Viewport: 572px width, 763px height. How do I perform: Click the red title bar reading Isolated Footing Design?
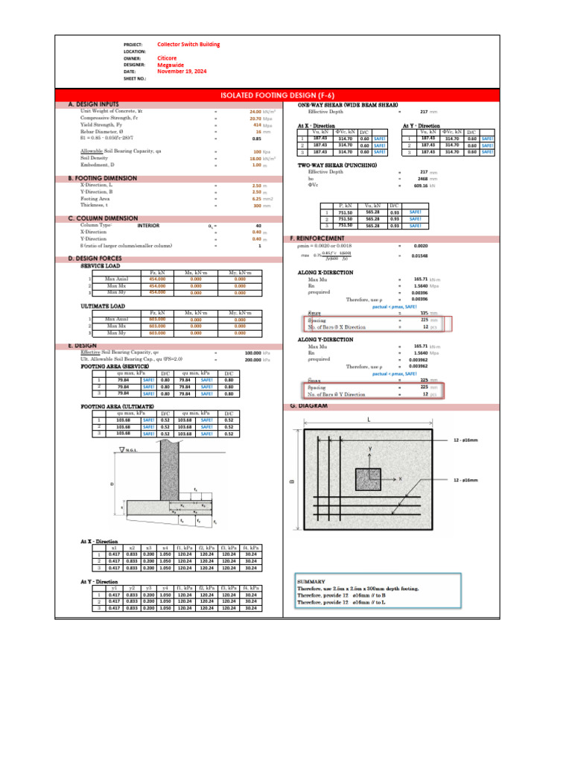285,95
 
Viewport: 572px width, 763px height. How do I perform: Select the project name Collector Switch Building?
188,45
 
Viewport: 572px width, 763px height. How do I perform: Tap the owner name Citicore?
167,57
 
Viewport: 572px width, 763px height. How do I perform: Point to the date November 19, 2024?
182,71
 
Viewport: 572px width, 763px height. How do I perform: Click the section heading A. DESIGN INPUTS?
93,105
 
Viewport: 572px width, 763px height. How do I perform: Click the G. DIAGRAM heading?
308,406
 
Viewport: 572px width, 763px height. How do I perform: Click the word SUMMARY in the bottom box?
310,581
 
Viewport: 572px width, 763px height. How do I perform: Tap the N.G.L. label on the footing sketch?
131,449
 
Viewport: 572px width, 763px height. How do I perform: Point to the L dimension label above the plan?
368,420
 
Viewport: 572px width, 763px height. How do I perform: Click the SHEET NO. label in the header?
135,77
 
